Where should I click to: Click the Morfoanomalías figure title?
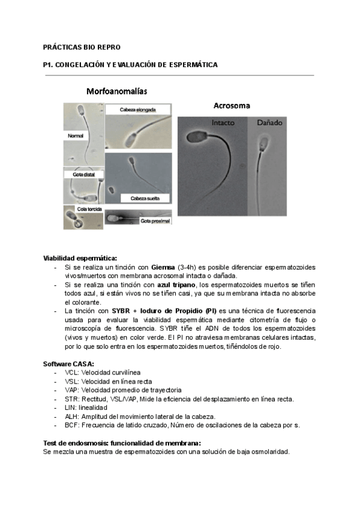(x=117, y=92)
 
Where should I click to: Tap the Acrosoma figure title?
(x=232, y=106)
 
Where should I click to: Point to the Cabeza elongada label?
(x=137, y=110)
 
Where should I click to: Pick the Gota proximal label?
(x=154, y=221)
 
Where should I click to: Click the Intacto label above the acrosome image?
(x=223, y=122)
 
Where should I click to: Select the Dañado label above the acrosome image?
(x=269, y=122)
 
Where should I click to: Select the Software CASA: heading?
(x=68, y=364)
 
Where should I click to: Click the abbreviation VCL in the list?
(x=71, y=373)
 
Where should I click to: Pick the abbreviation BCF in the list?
(x=72, y=425)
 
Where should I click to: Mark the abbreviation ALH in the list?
(x=71, y=417)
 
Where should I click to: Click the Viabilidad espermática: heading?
(x=80, y=258)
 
